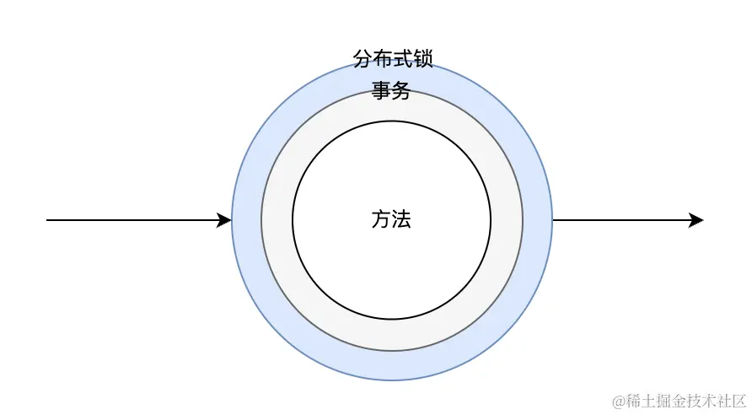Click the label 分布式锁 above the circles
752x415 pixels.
[x=392, y=59]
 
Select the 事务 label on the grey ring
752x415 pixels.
[x=391, y=91]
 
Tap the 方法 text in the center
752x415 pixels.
[x=391, y=219]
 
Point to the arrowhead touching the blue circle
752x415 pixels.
[x=224, y=220]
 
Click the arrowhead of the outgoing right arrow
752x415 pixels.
[x=696, y=220]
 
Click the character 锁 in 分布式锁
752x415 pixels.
[x=422, y=59]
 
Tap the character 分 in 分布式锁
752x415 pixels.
[x=363, y=59]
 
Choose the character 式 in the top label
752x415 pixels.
[x=402, y=59]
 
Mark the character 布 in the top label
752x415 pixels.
[x=382, y=59]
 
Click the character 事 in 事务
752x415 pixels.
[x=381, y=91]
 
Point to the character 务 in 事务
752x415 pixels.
[x=401, y=91]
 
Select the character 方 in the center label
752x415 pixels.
[x=381, y=219]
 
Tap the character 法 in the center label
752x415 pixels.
[x=401, y=219]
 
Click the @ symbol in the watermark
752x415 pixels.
[x=618, y=398]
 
